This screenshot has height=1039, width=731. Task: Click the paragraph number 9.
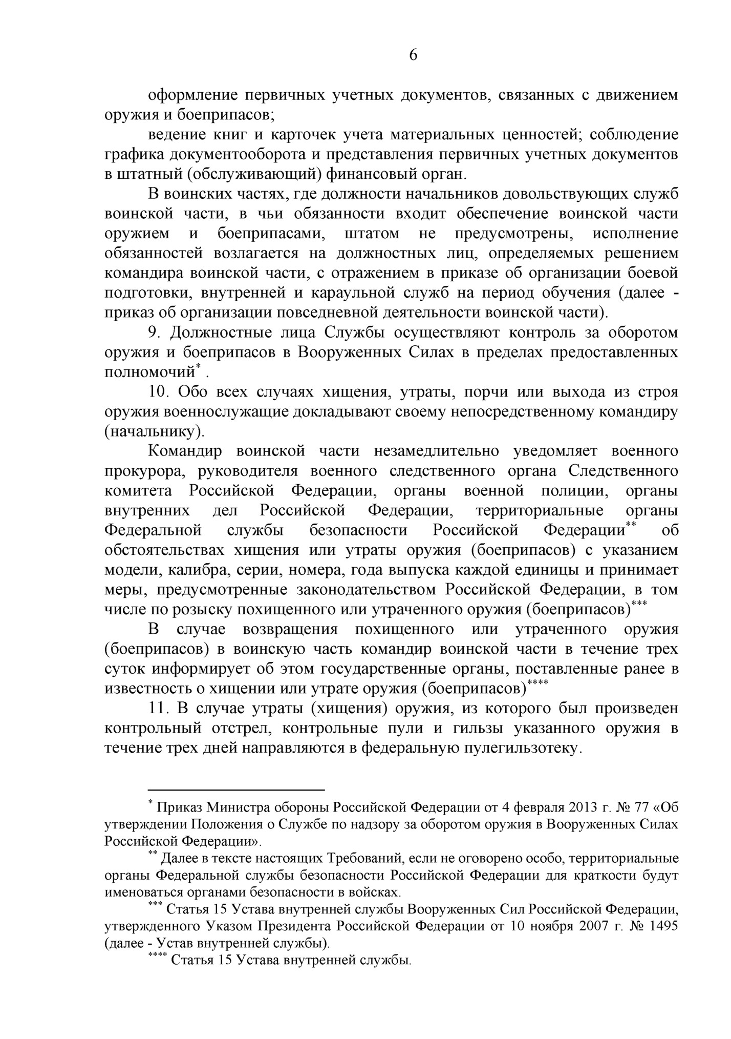coord(154,333)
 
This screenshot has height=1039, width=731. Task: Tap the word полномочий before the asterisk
coord(150,373)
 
